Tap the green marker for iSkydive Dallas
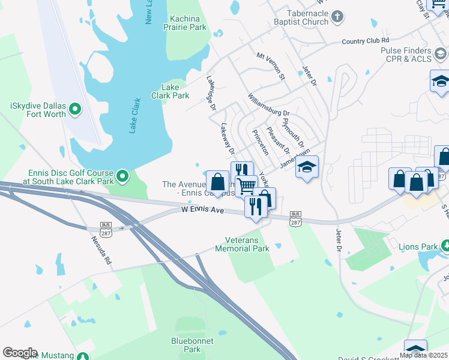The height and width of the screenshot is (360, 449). pos(75,109)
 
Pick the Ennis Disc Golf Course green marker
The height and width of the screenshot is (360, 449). pos(122,176)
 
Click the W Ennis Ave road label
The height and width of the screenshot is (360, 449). pos(203,211)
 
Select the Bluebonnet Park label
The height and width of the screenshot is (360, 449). pos(191,344)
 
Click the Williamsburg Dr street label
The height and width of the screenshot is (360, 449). pos(270,104)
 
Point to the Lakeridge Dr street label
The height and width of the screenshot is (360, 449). pos(211,93)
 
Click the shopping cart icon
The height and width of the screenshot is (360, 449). pos(246,185)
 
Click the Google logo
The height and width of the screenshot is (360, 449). pos(20,353)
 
